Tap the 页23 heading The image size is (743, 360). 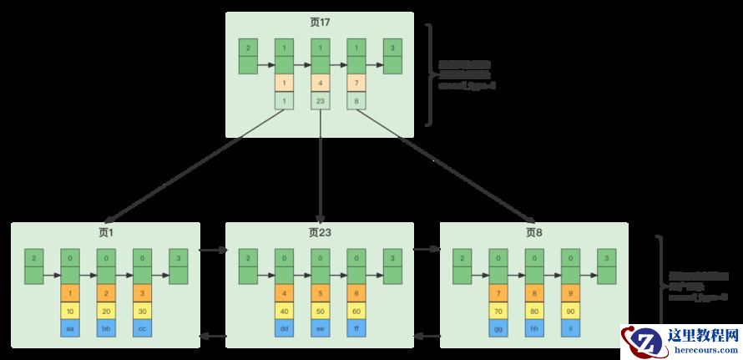320,232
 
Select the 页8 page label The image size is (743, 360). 534,232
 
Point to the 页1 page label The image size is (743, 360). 105,232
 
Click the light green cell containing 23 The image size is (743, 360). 321,100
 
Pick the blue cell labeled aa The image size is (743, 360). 70,328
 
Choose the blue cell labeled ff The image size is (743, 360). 357,328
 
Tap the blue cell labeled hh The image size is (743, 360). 535,328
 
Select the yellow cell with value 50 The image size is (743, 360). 321,311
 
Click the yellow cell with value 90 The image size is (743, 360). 571,311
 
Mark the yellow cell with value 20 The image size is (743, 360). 107,311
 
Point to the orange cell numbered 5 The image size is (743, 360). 321,294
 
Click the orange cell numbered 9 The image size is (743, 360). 571,294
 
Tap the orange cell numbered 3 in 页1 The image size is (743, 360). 143,294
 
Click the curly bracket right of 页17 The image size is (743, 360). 429,75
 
